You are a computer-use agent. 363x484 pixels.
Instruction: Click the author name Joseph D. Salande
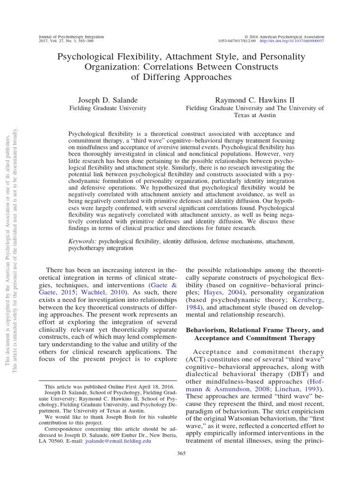pyautogui.click(x=108, y=100)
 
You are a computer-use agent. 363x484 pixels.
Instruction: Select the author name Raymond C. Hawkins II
pyautogui.click(x=255, y=100)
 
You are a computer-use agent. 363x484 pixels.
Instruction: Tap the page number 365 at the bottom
pyautogui.click(x=181, y=453)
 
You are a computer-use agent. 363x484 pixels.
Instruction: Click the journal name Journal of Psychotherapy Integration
pyautogui.click(x=71, y=36)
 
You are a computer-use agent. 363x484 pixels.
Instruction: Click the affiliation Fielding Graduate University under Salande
pyautogui.click(x=108, y=108)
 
